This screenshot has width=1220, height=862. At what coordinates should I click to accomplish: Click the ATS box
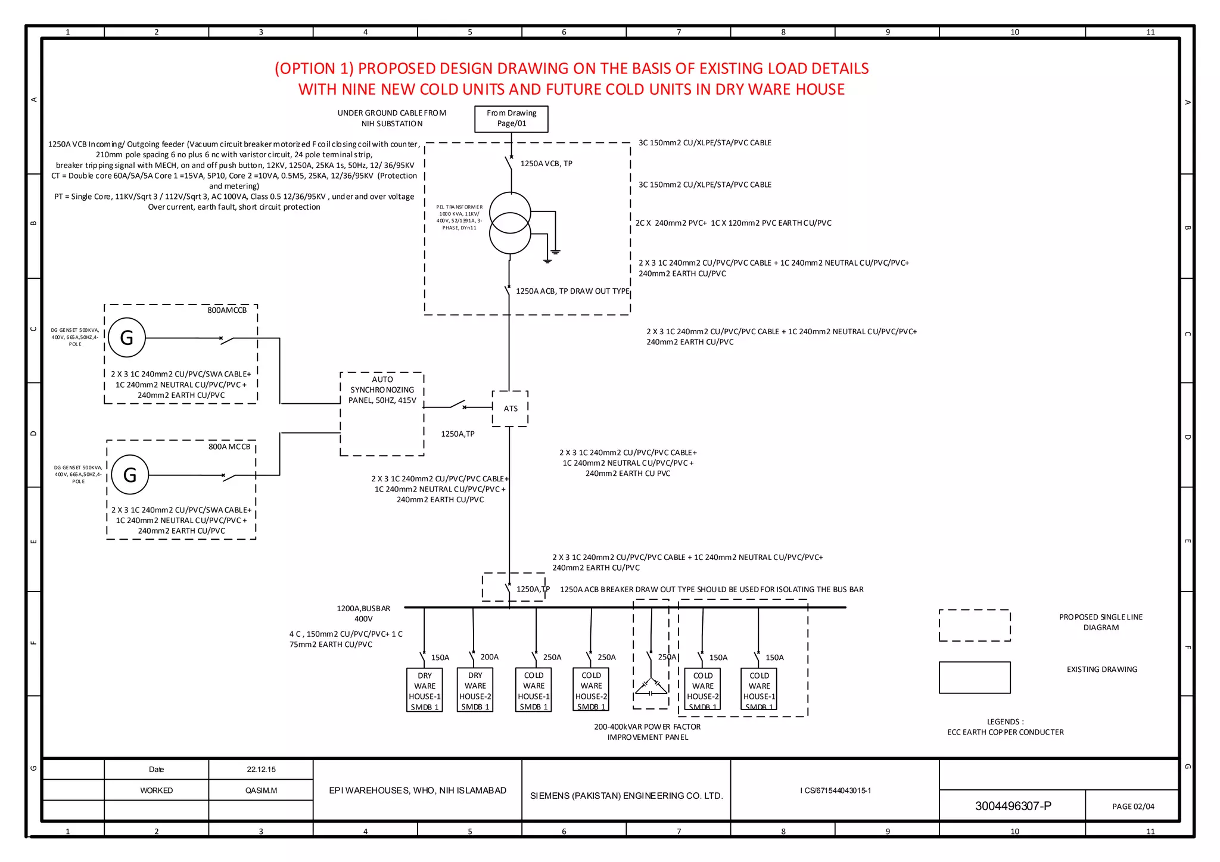point(511,409)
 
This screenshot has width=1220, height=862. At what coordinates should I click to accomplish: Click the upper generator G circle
point(127,338)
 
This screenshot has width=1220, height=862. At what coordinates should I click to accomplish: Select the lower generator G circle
point(130,475)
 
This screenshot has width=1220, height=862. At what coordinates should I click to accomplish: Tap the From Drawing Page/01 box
point(511,119)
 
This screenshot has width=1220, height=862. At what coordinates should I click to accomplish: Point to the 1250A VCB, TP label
point(546,163)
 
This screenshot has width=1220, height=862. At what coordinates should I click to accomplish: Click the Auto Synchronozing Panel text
point(382,390)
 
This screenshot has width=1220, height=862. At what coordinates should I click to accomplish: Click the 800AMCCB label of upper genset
point(226,310)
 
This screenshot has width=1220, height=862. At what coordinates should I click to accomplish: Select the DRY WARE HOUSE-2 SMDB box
point(475,690)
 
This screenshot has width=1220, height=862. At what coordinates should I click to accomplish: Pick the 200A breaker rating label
point(489,657)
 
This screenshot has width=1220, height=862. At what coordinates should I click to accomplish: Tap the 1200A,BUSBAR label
point(363,608)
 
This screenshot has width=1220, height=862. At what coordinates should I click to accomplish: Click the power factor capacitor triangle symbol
point(651,687)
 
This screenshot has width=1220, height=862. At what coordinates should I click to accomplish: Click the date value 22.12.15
point(261,770)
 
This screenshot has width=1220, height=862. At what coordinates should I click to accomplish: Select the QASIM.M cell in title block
point(261,791)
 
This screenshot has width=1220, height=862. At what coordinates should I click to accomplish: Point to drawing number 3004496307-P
point(1013,806)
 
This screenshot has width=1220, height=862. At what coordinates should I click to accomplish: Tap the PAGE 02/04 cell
point(1132,807)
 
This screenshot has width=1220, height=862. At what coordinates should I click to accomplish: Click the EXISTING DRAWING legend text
point(1101,670)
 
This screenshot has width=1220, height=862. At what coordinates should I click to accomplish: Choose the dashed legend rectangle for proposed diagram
point(975,626)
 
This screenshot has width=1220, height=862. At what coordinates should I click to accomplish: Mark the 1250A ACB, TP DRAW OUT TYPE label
point(572,291)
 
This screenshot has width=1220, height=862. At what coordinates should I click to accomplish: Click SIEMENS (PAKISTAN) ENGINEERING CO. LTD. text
point(626,796)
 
